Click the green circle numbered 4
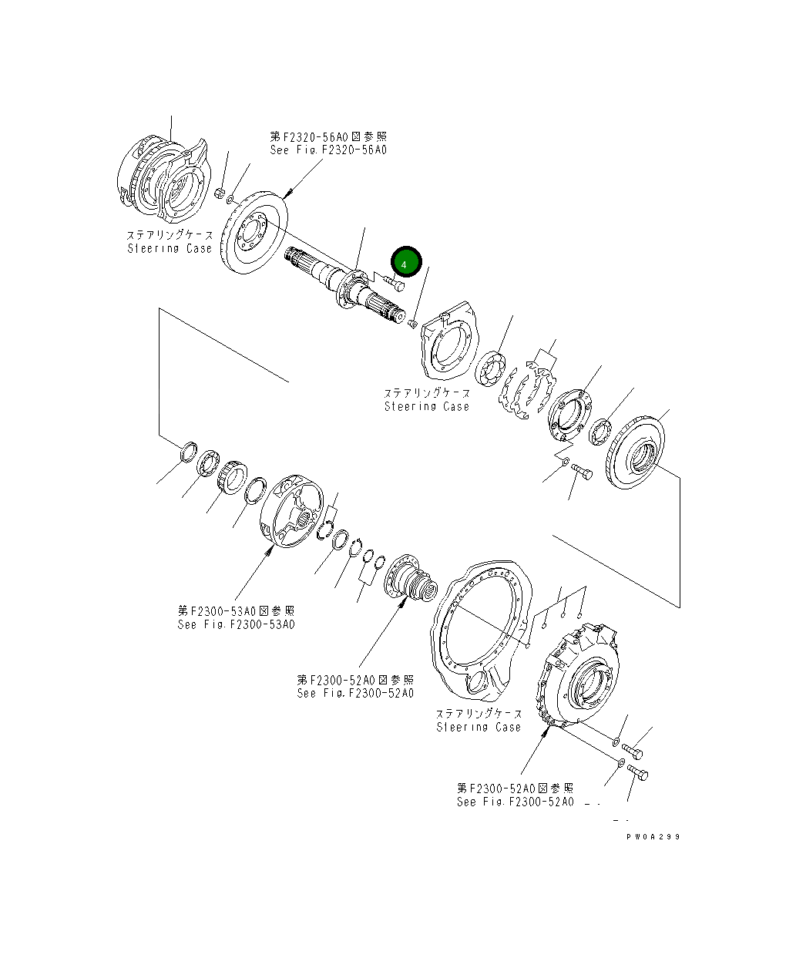pos(405,263)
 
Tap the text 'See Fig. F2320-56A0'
pos(328,150)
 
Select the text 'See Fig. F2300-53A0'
pos(236,624)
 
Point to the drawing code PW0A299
pos(653,836)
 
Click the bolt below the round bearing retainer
pos(582,473)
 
